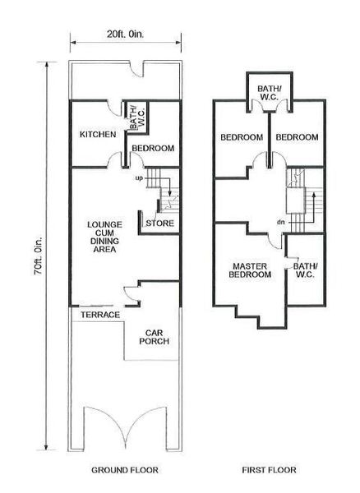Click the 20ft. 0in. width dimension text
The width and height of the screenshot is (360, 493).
[125, 35]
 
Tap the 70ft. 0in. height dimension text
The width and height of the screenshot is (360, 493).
[38, 256]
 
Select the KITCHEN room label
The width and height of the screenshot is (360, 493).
[98, 134]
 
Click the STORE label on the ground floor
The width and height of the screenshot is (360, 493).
[159, 223]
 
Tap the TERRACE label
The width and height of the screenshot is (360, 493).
[100, 315]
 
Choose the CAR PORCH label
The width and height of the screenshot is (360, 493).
[154, 337]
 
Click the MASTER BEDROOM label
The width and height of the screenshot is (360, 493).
[250, 270]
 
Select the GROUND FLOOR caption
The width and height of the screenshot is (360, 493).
[125, 470]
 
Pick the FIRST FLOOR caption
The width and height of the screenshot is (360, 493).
[269, 470]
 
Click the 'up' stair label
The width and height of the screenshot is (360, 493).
[139, 178]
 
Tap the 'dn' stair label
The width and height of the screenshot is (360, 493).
[281, 223]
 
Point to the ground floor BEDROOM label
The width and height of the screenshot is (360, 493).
[153, 148]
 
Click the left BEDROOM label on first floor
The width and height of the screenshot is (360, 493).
[242, 137]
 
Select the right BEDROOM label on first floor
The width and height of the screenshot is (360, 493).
[297, 137]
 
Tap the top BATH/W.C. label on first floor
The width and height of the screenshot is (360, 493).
[270, 93]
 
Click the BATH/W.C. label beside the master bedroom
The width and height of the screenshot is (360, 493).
[306, 270]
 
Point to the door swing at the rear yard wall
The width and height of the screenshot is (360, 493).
[136, 70]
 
